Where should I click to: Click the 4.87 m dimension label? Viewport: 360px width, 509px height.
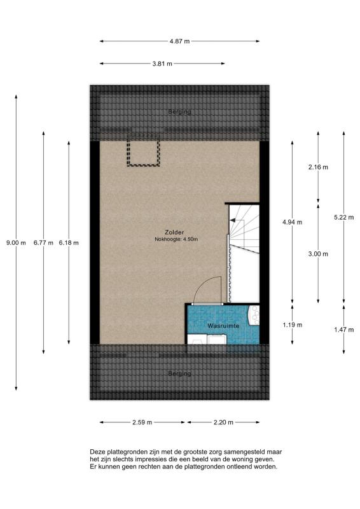[179, 41]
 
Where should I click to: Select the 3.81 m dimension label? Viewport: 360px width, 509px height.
[162, 64]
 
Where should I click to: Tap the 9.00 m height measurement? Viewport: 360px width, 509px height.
[16, 242]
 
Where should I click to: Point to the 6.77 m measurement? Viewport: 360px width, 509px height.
[43, 242]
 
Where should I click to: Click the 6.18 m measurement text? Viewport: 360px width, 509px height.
[69, 242]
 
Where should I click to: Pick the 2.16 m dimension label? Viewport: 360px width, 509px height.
[318, 167]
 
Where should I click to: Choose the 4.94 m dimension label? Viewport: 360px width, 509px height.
[292, 222]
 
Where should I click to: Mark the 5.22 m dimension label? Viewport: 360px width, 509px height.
[343, 217]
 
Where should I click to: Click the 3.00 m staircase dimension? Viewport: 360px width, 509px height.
[318, 254]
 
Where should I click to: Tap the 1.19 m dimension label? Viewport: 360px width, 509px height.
[292, 324]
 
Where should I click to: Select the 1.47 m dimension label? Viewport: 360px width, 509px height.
[343, 330]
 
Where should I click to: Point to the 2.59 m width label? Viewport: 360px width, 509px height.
[142, 422]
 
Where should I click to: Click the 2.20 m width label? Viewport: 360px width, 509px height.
[223, 422]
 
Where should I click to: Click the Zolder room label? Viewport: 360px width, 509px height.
[174, 232]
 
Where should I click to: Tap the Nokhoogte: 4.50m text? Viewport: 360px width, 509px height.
[176, 240]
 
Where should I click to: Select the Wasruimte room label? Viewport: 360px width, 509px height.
[223, 326]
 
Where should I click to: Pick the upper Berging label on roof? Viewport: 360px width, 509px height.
[179, 112]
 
